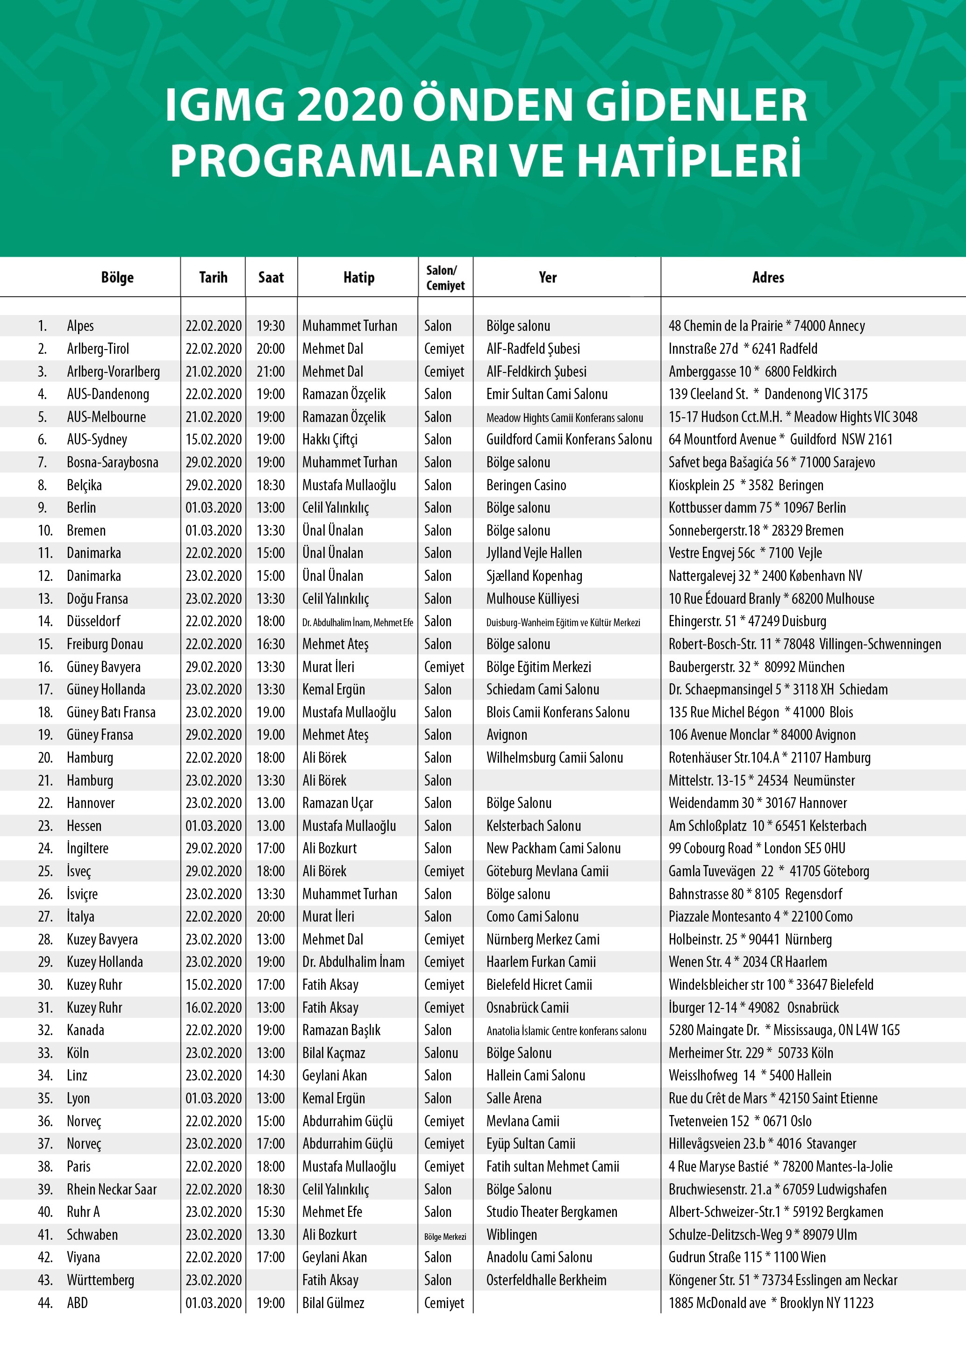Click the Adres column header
[767, 277]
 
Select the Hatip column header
[358, 277]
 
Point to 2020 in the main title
[351, 105]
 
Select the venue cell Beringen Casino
[526, 486]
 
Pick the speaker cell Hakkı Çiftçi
[329, 440]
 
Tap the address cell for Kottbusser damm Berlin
[757, 508]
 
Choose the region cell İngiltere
[87, 848]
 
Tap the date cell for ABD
[214, 1303]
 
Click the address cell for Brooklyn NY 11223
[771, 1303]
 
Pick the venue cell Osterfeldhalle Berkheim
[546, 1280]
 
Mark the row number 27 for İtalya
[45, 917]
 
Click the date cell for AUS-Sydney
[214, 440]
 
